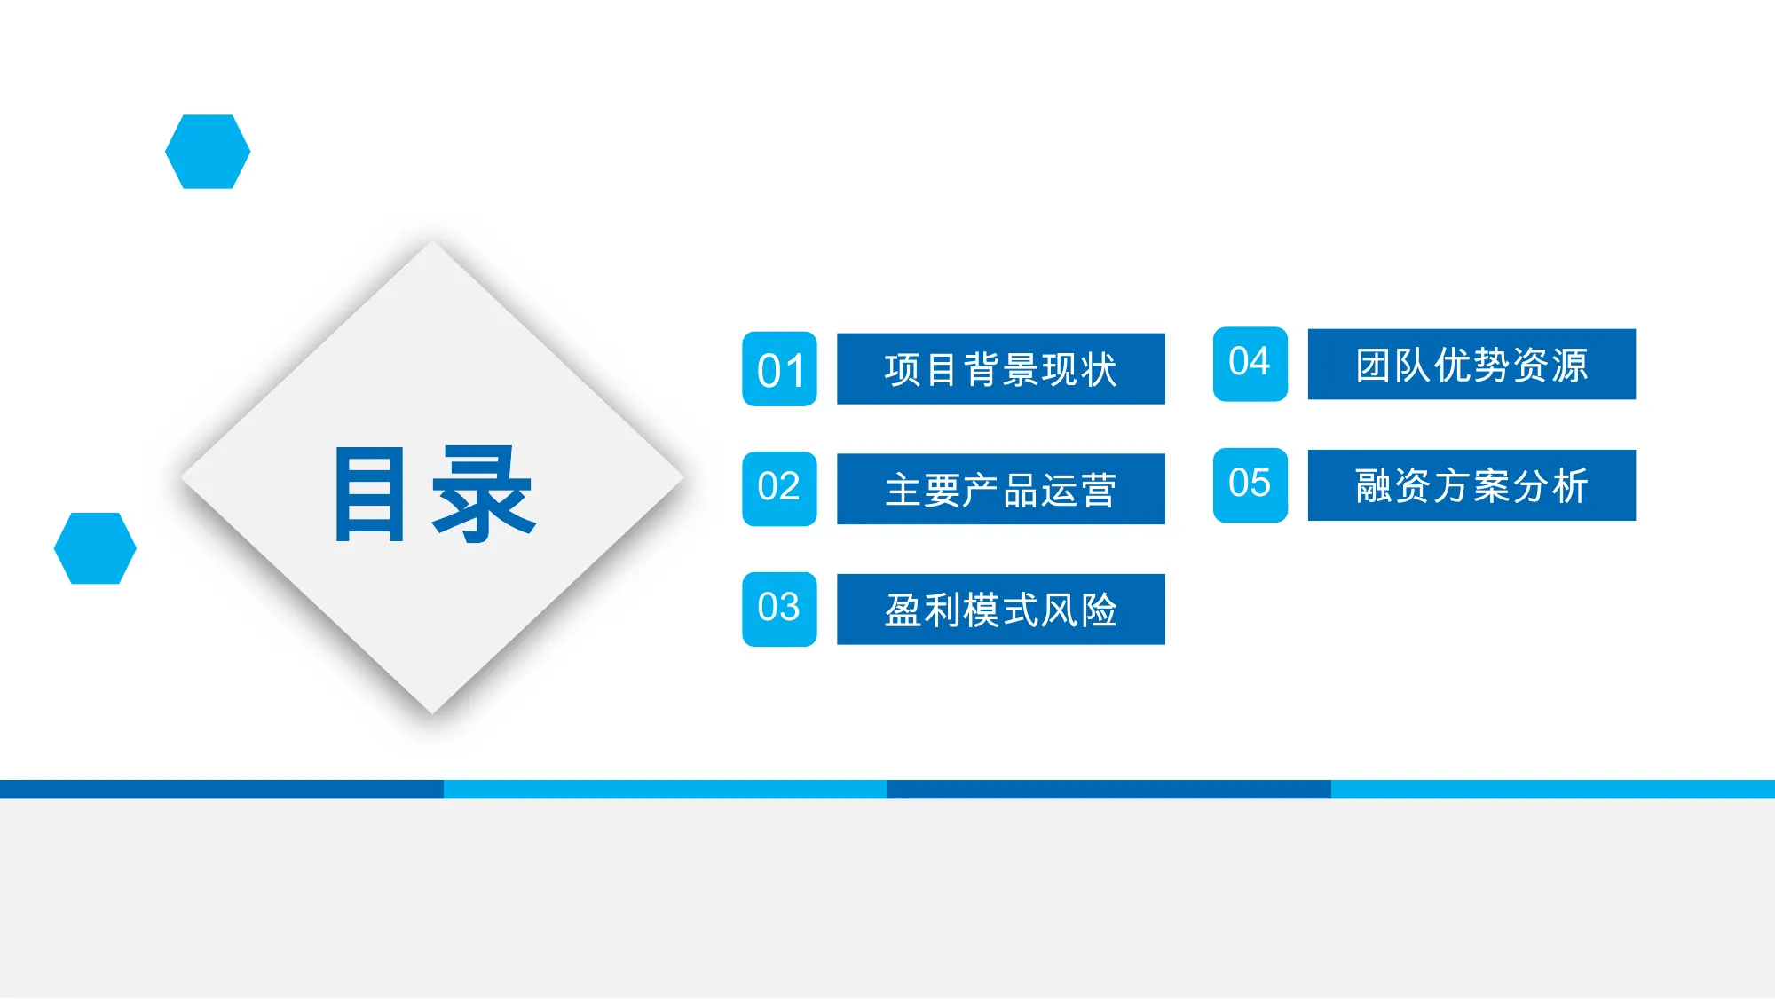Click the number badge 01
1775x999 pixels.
[779, 369]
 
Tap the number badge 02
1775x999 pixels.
[779, 489]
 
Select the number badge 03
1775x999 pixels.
[779, 610]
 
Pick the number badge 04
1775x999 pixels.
[1250, 364]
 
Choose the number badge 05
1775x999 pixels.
[1250, 484]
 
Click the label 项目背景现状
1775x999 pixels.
[1001, 369]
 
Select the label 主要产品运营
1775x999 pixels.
[1001, 489]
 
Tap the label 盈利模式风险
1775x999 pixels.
[1001, 610]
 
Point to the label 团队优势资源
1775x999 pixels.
[1471, 365]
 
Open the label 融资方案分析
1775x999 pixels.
[1471, 485]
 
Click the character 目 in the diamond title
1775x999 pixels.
[370, 493]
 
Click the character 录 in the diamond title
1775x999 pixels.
[484, 493]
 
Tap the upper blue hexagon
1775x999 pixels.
[208, 152]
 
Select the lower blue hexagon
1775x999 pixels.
[95, 548]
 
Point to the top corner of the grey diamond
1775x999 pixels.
[433, 241]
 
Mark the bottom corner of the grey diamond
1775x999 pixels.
[433, 713]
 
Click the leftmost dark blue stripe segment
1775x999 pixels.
[222, 789]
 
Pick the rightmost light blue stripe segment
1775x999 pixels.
[1553, 789]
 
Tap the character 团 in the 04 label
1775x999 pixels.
[1373, 365]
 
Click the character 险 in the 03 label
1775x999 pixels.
[1100, 610]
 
